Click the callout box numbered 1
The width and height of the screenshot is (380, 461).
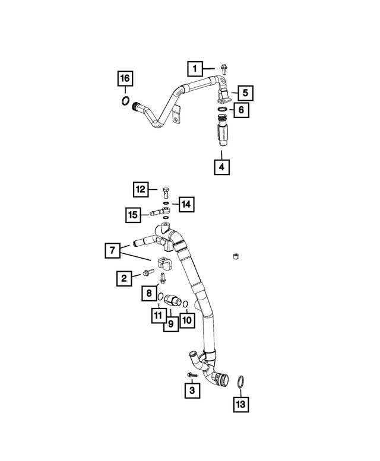pyautogui.click(x=195, y=69)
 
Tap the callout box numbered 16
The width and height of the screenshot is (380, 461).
pyautogui.click(x=125, y=78)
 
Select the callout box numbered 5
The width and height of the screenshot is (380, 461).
pyautogui.click(x=245, y=93)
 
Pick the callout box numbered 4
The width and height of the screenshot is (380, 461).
pyautogui.click(x=221, y=167)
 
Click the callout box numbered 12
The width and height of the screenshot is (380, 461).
pyautogui.click(x=140, y=189)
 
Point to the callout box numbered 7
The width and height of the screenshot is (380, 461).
pyautogui.click(x=112, y=250)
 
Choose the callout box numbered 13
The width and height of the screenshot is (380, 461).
pyautogui.click(x=241, y=404)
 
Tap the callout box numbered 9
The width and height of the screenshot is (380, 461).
pyautogui.click(x=171, y=324)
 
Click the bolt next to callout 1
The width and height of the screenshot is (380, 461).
pyautogui.click(x=224, y=69)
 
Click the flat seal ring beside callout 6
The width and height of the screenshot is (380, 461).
pyautogui.click(x=222, y=109)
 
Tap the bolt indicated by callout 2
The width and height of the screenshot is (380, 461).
pyautogui.click(x=148, y=272)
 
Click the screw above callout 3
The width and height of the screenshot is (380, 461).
pyautogui.click(x=192, y=374)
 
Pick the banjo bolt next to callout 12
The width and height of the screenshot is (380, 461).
pyautogui.click(x=166, y=192)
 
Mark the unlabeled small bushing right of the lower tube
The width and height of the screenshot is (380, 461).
pyautogui.click(x=235, y=256)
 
